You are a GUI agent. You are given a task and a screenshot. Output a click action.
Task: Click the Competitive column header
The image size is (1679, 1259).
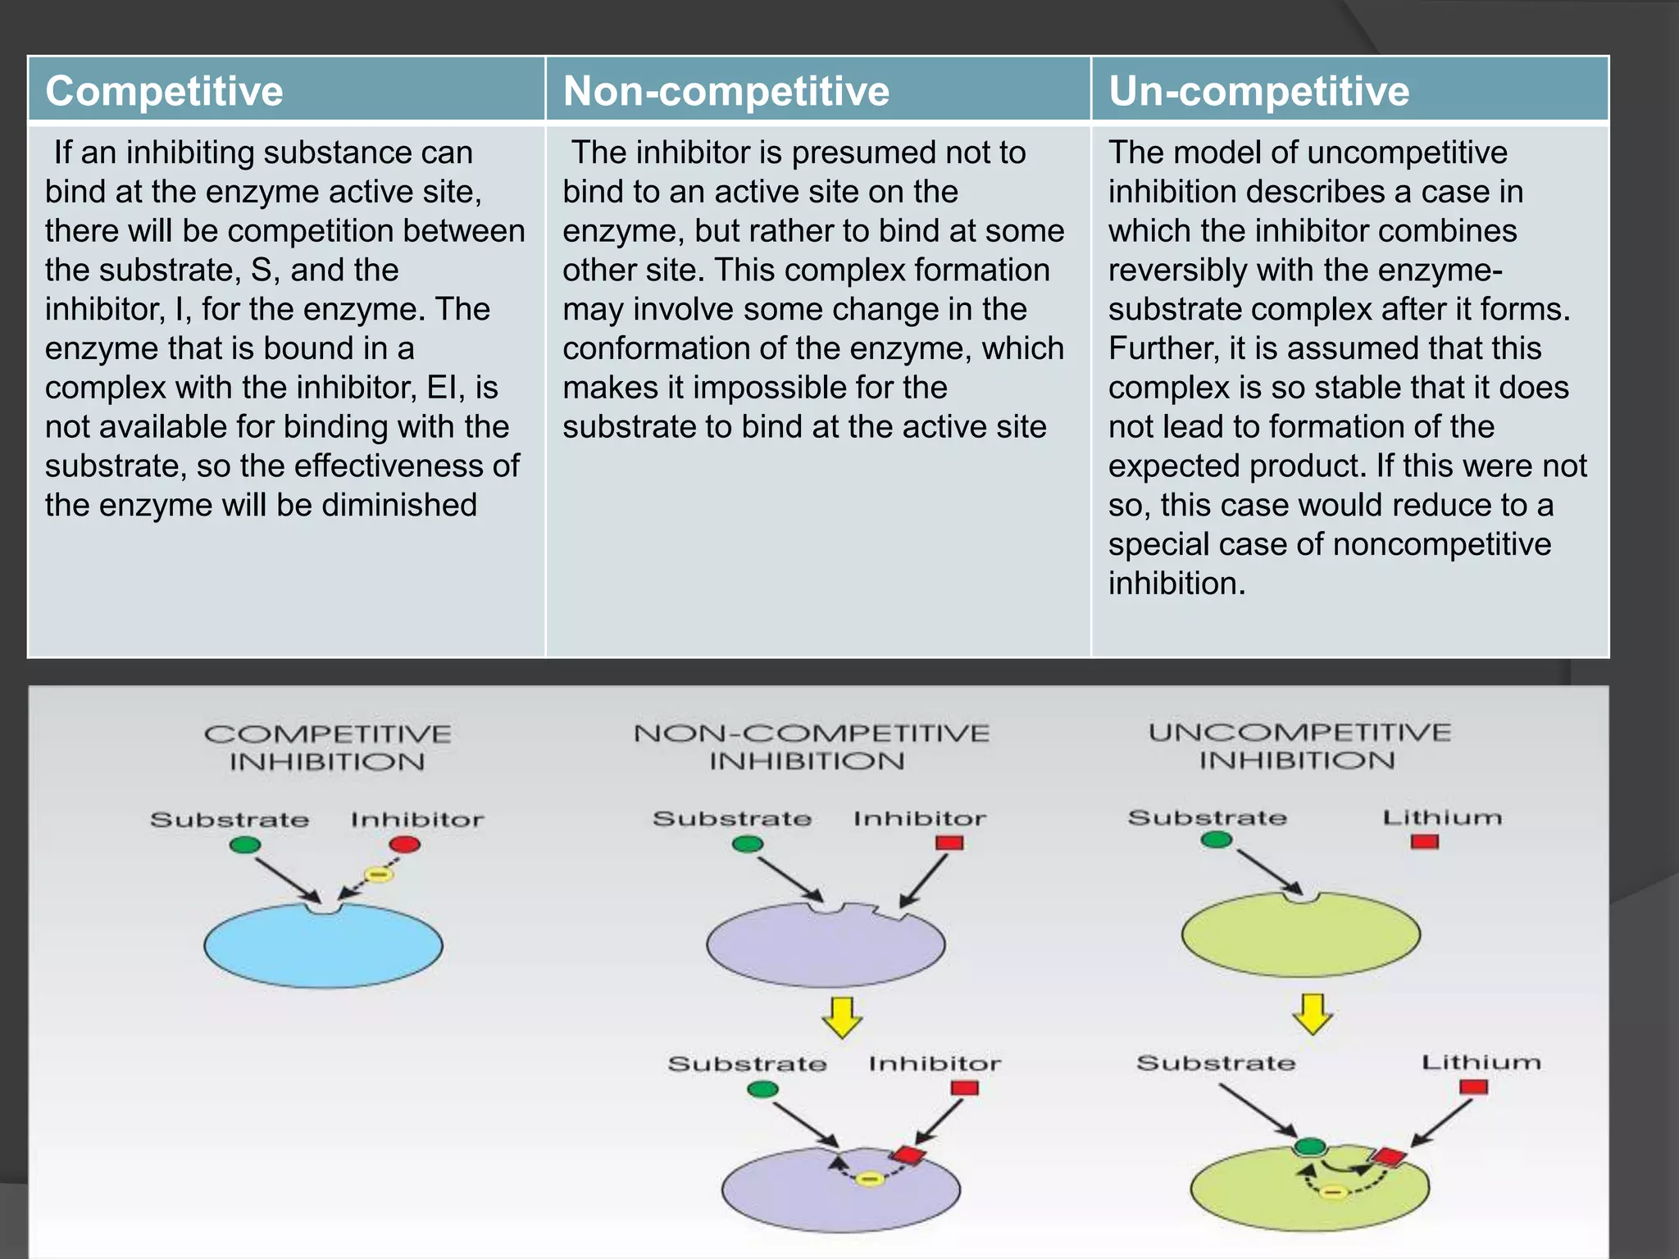pyautogui.click(x=164, y=91)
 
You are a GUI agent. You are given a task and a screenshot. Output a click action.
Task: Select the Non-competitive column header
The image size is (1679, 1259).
pyautogui.click(x=726, y=91)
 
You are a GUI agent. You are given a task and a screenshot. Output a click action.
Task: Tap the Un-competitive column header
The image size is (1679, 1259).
pyautogui.click(x=1258, y=91)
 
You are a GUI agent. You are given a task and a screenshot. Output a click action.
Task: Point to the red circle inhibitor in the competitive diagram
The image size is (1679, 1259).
pyautogui.click(x=405, y=844)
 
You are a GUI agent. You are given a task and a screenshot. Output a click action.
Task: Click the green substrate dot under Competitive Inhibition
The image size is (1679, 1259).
pyautogui.click(x=245, y=845)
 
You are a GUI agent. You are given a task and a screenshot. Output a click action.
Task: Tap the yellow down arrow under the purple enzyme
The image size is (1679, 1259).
pyautogui.click(x=842, y=1017)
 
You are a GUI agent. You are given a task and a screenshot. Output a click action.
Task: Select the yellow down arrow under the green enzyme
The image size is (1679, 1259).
pyautogui.click(x=1313, y=1014)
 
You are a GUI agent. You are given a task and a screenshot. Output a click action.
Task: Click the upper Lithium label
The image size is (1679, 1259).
pyautogui.click(x=1442, y=817)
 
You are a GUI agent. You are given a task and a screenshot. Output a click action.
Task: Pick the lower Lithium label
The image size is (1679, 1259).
pyautogui.click(x=1481, y=1062)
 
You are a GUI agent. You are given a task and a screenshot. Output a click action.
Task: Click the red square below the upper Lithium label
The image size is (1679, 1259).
pyautogui.click(x=1425, y=842)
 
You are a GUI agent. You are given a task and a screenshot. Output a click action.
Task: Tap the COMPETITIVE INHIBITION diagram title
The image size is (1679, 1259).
pyautogui.click(x=327, y=748)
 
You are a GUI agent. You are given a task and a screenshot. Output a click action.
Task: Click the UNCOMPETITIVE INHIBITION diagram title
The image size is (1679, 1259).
pyautogui.click(x=1299, y=746)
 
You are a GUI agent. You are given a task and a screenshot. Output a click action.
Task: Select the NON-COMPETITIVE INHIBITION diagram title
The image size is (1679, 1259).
pyautogui.click(x=811, y=747)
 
